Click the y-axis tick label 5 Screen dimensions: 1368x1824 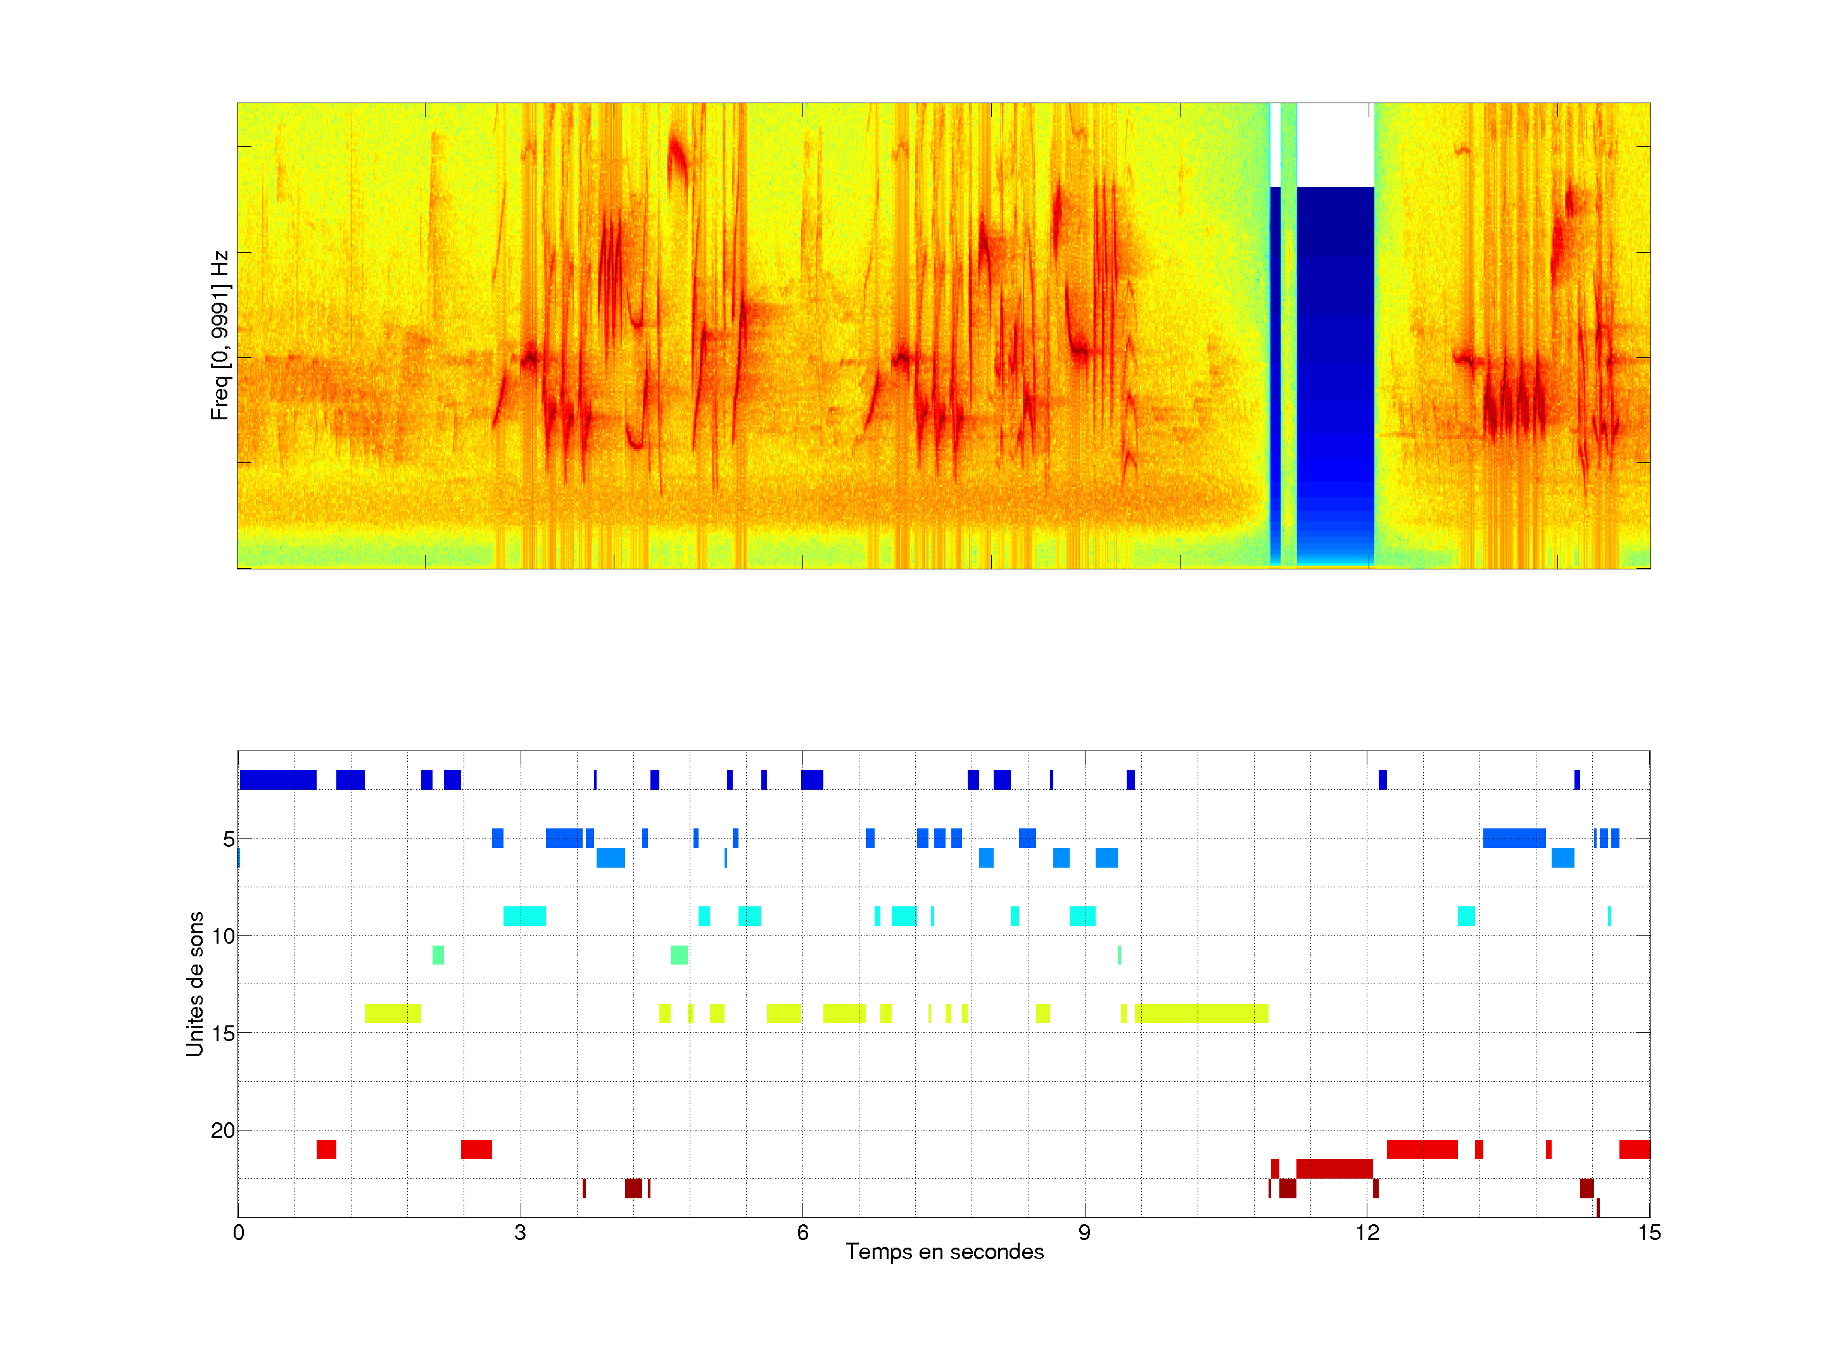(x=229, y=839)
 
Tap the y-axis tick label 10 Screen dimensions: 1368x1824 (x=224, y=936)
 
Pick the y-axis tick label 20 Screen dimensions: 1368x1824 (x=224, y=1130)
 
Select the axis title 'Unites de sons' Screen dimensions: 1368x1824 (x=194, y=984)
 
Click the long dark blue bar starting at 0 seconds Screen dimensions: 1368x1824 (x=278, y=779)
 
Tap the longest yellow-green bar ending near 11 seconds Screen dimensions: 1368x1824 (x=1201, y=1013)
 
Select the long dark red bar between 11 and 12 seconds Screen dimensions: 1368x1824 (x=1334, y=1168)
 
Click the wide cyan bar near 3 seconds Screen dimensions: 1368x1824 (x=524, y=916)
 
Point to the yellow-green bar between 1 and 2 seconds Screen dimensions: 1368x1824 (x=393, y=1013)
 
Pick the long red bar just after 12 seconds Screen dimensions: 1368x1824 (x=1422, y=1149)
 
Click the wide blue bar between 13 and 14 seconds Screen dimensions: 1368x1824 (x=1514, y=839)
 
